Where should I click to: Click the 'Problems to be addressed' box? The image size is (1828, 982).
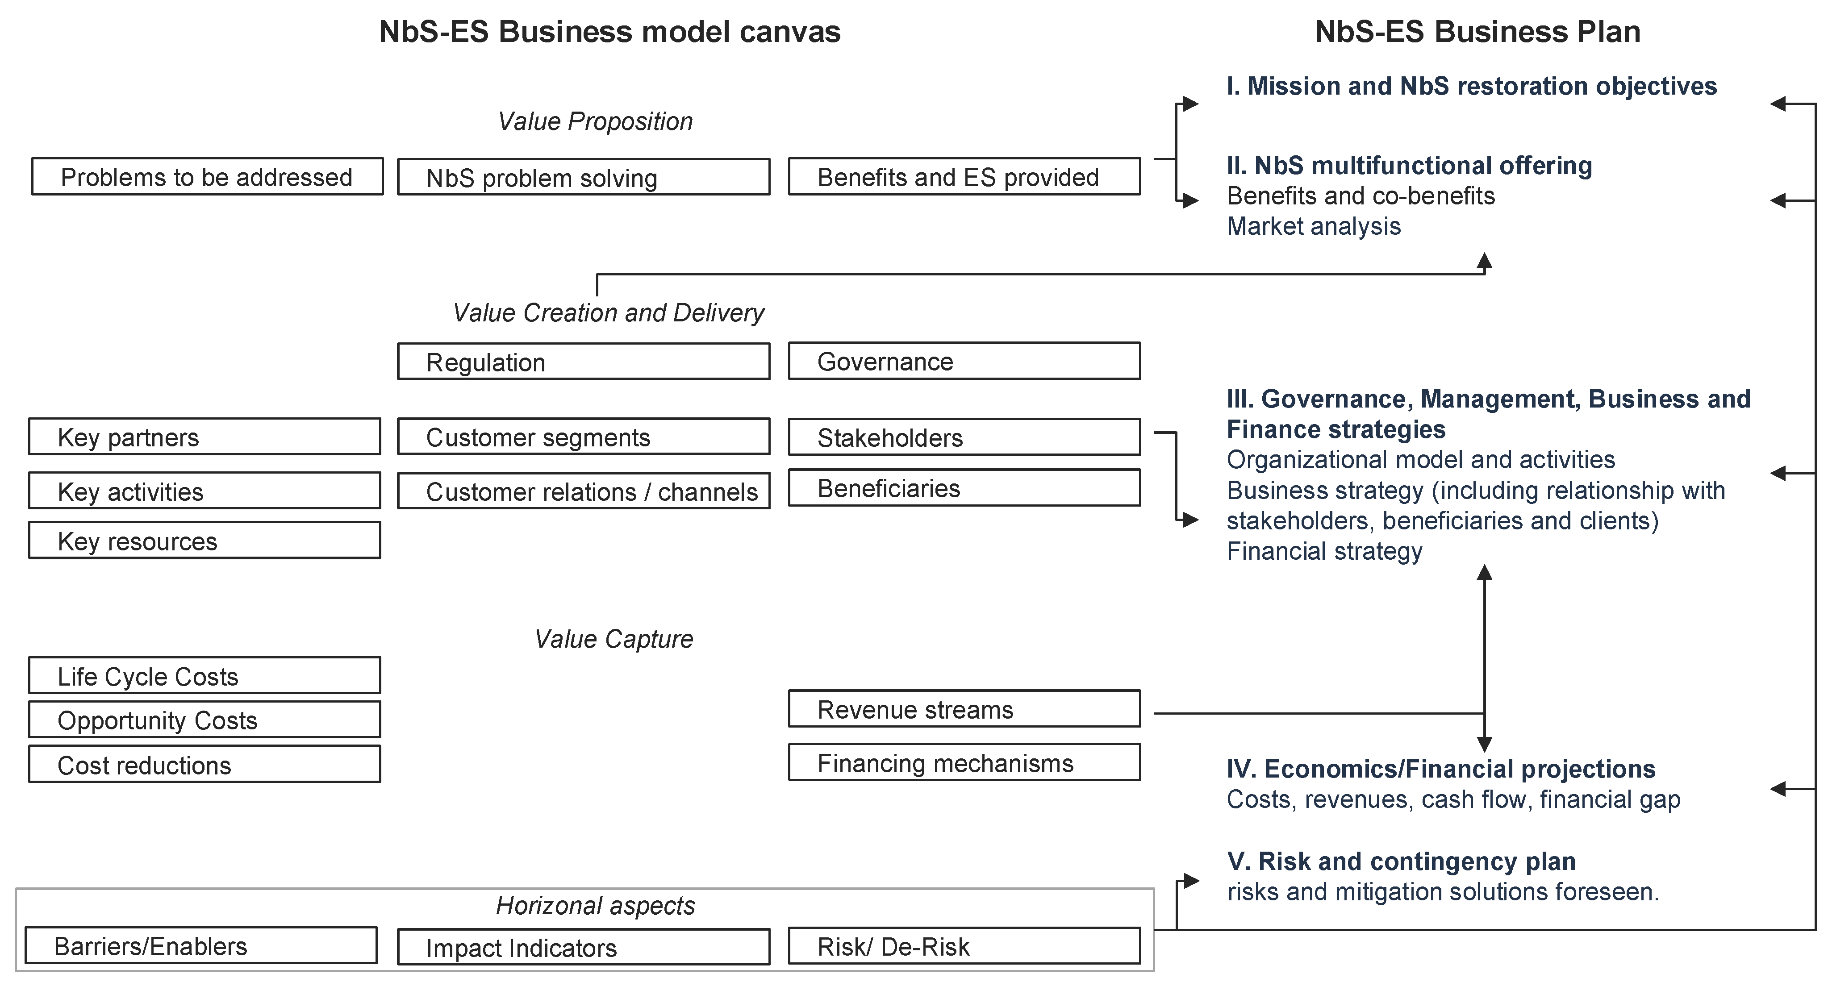pos(207,177)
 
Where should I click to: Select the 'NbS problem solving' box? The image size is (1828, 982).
pos(583,177)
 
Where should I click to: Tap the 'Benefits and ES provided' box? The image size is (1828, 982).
pos(964,177)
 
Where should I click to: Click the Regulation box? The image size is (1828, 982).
pos(583,362)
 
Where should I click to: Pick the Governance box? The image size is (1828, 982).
pos(964,361)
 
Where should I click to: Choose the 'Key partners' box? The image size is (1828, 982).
pos(205,437)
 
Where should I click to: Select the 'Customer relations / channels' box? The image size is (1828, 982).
pos(583,491)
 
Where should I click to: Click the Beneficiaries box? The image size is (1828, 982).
pos(964,488)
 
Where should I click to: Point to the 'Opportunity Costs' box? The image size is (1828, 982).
pos(205,720)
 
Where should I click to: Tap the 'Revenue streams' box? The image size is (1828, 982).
pos(964,709)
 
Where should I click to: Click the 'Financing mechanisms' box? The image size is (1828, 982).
pos(964,763)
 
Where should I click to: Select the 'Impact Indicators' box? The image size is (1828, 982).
pos(583,947)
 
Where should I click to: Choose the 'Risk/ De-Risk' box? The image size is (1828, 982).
pos(964,946)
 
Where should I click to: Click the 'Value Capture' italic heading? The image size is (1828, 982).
pos(613,639)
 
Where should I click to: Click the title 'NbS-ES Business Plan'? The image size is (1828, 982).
pos(1477,32)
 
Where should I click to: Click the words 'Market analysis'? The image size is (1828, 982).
pos(1314,226)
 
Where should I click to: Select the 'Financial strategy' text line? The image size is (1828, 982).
pos(1324,551)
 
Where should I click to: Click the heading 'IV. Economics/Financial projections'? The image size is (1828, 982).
pos(1440,769)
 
